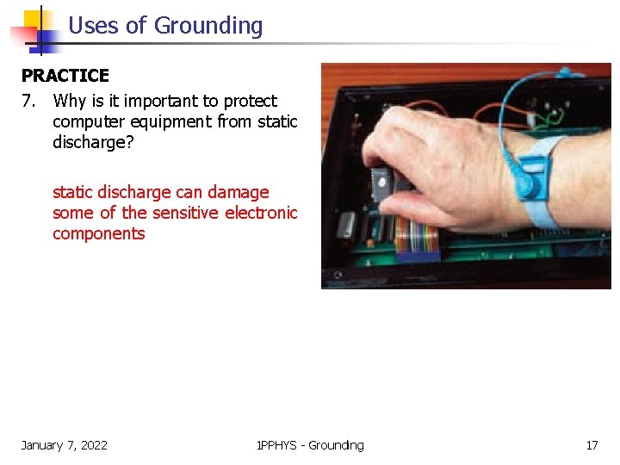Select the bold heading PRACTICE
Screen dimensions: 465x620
65,76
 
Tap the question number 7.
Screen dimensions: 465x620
29,101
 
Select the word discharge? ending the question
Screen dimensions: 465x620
93,142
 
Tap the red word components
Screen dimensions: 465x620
99,233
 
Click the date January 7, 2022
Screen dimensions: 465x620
65,445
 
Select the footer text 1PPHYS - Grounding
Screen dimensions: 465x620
310,445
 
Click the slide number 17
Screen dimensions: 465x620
592,445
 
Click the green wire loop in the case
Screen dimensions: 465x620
548,114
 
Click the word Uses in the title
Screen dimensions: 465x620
94,26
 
